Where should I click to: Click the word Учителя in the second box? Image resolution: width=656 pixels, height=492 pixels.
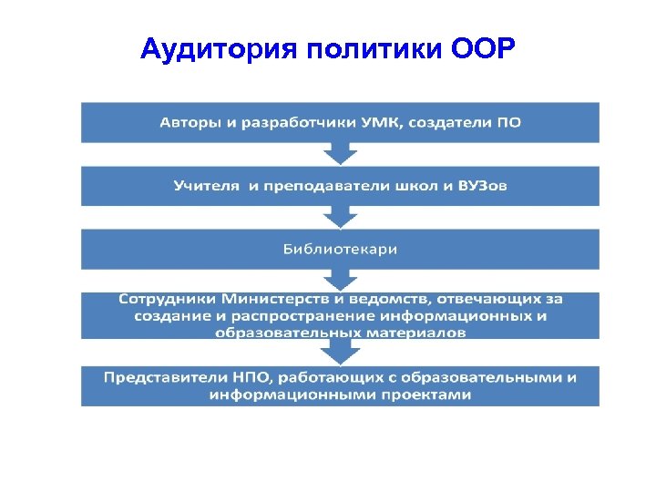click(x=206, y=186)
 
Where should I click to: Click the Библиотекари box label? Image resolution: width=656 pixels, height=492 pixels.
click(x=340, y=249)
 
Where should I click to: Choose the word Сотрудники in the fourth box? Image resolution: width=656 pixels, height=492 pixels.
click(x=167, y=299)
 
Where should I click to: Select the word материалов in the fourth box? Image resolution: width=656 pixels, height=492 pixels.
click(x=411, y=333)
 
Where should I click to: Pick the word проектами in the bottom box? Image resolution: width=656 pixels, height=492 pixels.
click(x=422, y=395)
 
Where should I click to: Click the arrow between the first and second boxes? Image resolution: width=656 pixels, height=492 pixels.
click(x=340, y=152)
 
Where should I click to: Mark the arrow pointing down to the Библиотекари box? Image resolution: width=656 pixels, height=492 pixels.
click(x=340, y=216)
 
